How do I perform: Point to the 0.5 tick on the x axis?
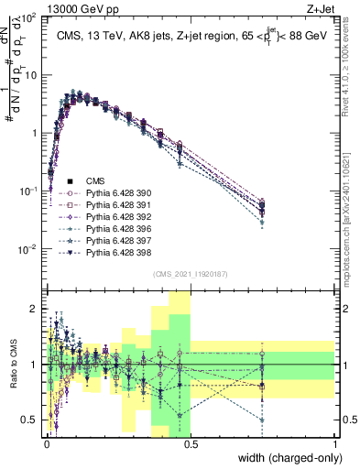[190, 443]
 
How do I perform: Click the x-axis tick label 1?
[335, 443]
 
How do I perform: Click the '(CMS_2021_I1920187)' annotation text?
[190, 274]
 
